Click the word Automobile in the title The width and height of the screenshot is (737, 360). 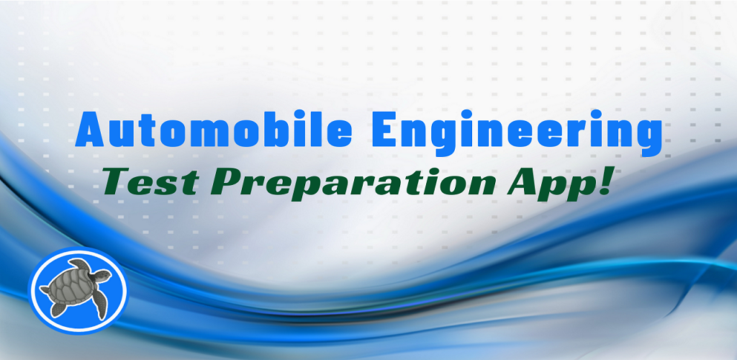[x=214, y=128]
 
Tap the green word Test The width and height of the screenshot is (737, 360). [x=150, y=182]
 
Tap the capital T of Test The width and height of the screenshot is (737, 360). [x=118, y=182]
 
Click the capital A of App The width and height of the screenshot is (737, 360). [x=523, y=182]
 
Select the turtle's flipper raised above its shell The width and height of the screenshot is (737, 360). [x=79, y=264]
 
